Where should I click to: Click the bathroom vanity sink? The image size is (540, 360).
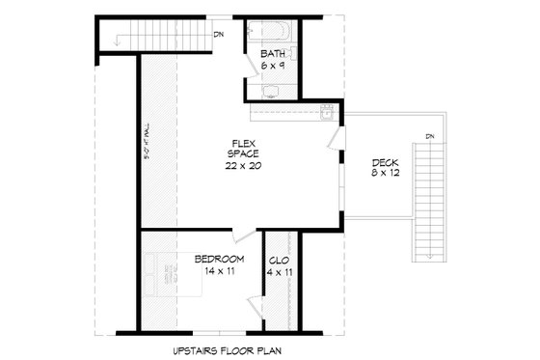271,93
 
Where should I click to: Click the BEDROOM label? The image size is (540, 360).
218,260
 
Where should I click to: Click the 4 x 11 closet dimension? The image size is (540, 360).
281,272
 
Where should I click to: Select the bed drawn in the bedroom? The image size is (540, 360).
166,281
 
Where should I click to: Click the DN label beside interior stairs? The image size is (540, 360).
220,36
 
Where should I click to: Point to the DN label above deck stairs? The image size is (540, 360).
430,135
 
